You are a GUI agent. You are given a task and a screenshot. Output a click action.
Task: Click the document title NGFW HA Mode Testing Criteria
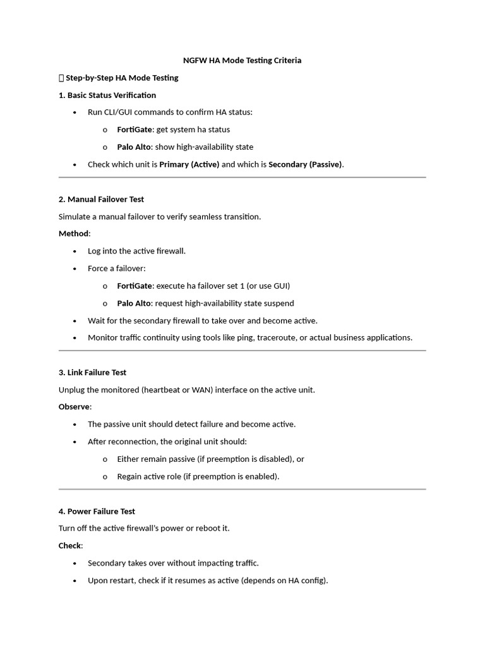pyautogui.click(x=242, y=61)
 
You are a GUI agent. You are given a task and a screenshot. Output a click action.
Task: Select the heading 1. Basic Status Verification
pyautogui.click(x=107, y=95)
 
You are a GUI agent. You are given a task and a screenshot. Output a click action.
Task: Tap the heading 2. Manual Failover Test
pyautogui.click(x=101, y=200)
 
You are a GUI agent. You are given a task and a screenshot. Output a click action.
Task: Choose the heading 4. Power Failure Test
pyautogui.click(x=97, y=512)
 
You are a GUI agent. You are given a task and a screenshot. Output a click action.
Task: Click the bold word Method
pyautogui.click(x=74, y=234)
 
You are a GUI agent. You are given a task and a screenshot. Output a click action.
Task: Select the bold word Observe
pyautogui.click(x=75, y=407)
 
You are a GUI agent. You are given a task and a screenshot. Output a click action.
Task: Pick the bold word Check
pyautogui.click(x=70, y=546)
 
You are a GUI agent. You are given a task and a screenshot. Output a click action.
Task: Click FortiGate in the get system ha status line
pyautogui.click(x=135, y=130)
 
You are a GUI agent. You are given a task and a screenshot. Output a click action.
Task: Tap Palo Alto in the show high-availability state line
pyautogui.click(x=134, y=147)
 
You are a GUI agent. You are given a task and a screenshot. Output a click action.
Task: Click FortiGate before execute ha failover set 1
pyautogui.click(x=135, y=286)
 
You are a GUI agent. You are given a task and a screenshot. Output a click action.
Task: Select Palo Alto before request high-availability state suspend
pyautogui.click(x=134, y=303)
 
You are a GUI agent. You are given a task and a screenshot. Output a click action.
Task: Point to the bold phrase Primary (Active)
pyautogui.click(x=189, y=165)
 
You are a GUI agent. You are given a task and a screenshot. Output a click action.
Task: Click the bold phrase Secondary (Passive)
pyautogui.click(x=305, y=165)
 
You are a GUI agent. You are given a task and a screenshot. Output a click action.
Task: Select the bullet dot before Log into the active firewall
pyautogui.click(x=75, y=251)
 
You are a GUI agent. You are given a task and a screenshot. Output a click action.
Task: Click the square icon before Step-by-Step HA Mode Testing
pyautogui.click(x=61, y=78)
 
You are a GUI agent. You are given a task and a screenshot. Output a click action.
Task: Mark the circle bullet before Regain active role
pyautogui.click(x=105, y=477)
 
